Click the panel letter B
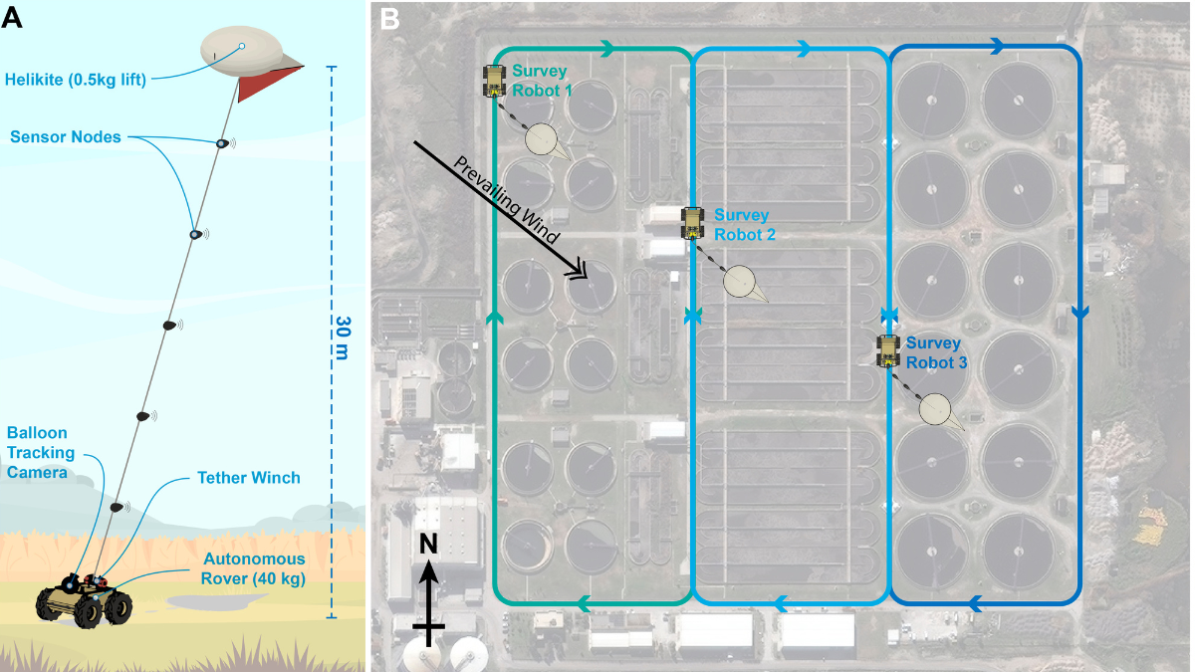[390, 17]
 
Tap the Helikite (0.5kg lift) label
[75, 80]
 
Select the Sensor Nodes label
[66, 136]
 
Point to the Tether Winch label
[248, 478]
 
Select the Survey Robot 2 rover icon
[692, 223]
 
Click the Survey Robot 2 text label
[743, 225]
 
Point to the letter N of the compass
[428, 544]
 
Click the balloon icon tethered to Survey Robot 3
[935, 408]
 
